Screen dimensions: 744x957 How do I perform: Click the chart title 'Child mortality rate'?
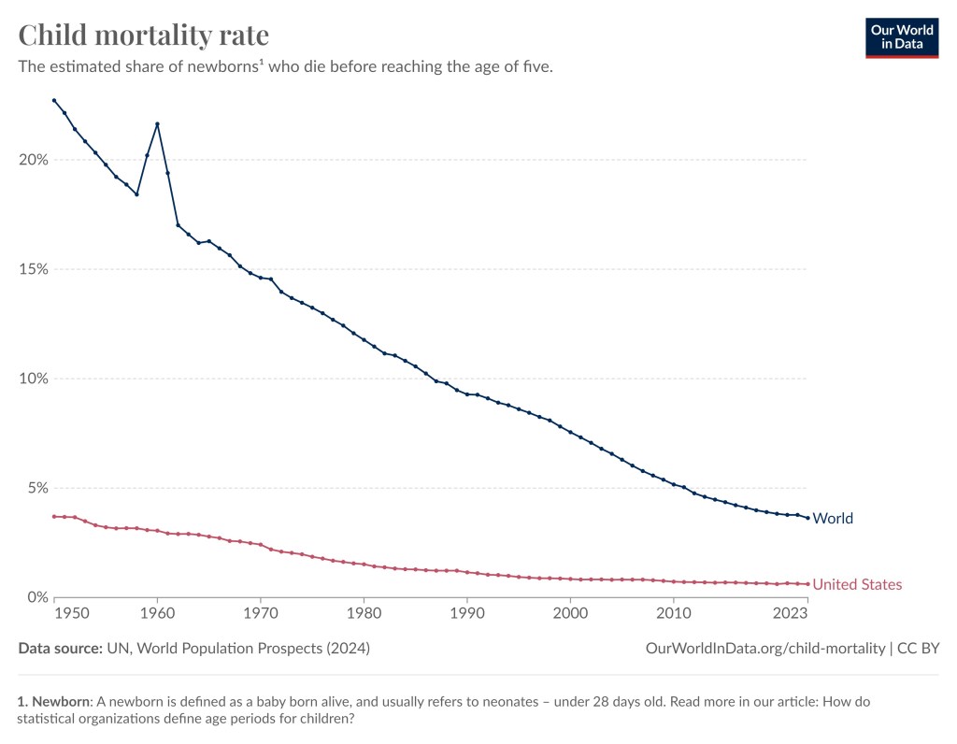[x=144, y=36]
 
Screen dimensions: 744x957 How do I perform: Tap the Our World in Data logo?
[x=901, y=36]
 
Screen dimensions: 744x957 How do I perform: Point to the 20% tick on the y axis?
[x=34, y=160]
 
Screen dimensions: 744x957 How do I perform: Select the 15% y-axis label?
[x=34, y=269]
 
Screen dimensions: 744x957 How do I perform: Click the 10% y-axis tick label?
[x=34, y=379]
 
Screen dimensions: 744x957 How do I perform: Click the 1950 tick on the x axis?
[x=75, y=613]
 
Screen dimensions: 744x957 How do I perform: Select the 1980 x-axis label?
[x=364, y=613]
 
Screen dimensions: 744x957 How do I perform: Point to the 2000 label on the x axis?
[x=570, y=613]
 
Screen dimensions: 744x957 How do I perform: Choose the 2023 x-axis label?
[x=792, y=613]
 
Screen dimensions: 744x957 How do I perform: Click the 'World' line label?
[x=833, y=519]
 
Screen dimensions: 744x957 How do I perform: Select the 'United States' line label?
[x=857, y=585]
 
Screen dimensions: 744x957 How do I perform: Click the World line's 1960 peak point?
[x=157, y=123]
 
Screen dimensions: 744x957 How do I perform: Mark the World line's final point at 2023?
[x=807, y=518]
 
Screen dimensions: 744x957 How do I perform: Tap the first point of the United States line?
[x=54, y=516]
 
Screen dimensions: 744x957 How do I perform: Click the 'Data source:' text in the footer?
[x=60, y=648]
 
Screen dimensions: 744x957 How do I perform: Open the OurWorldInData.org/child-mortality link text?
[x=765, y=648]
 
